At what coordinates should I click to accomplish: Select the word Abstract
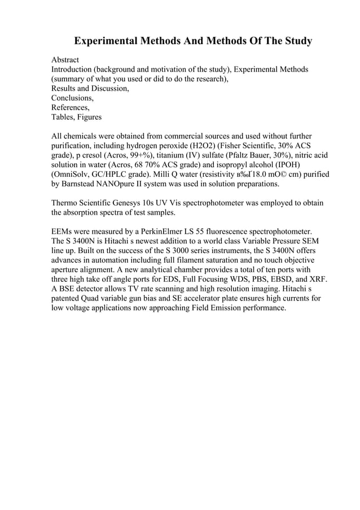pos(65,59)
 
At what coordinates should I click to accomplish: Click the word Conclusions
pos(72,98)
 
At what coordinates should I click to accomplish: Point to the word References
pos(70,107)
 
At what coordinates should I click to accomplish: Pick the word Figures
pos(90,117)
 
